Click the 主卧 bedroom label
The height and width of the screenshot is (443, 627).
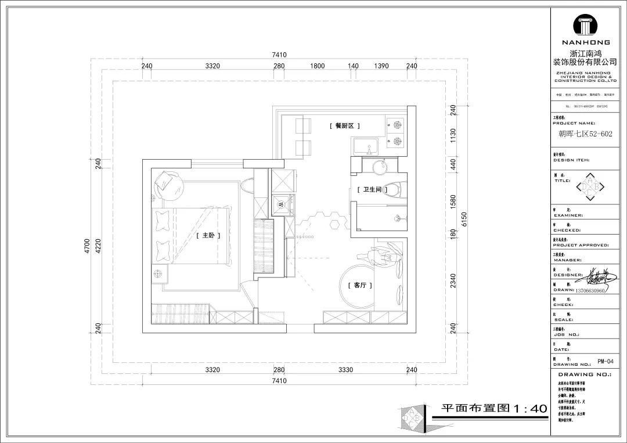[x=206, y=235]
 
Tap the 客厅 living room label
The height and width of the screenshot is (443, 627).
[x=359, y=286]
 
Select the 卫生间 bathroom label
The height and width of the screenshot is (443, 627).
[x=372, y=190]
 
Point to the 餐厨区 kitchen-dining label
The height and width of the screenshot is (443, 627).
[x=345, y=125]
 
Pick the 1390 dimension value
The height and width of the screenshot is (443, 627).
[x=381, y=66]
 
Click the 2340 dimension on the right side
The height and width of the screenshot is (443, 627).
[x=453, y=281]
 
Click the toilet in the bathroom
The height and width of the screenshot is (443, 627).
[x=397, y=189]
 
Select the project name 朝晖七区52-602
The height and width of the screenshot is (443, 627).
[x=584, y=133]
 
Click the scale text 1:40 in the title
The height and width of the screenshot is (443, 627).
[x=528, y=408]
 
